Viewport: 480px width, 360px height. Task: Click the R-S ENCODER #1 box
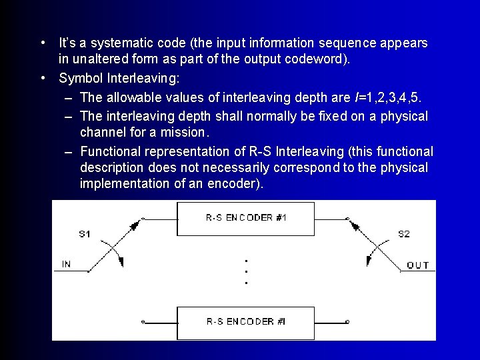(x=246, y=217)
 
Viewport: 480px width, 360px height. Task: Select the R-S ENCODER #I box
(x=246, y=322)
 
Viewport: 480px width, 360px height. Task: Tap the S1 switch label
(x=85, y=234)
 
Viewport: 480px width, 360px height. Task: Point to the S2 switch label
(x=404, y=234)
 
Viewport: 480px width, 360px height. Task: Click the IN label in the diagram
(x=66, y=265)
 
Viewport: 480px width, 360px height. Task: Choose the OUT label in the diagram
(x=418, y=265)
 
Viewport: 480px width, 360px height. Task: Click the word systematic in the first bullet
(x=122, y=43)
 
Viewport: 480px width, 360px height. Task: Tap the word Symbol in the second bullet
(x=79, y=79)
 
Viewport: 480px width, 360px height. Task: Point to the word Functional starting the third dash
(x=111, y=151)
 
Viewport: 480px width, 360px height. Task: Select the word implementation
(x=124, y=183)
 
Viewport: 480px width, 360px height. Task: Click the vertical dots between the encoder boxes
(x=246, y=271)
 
